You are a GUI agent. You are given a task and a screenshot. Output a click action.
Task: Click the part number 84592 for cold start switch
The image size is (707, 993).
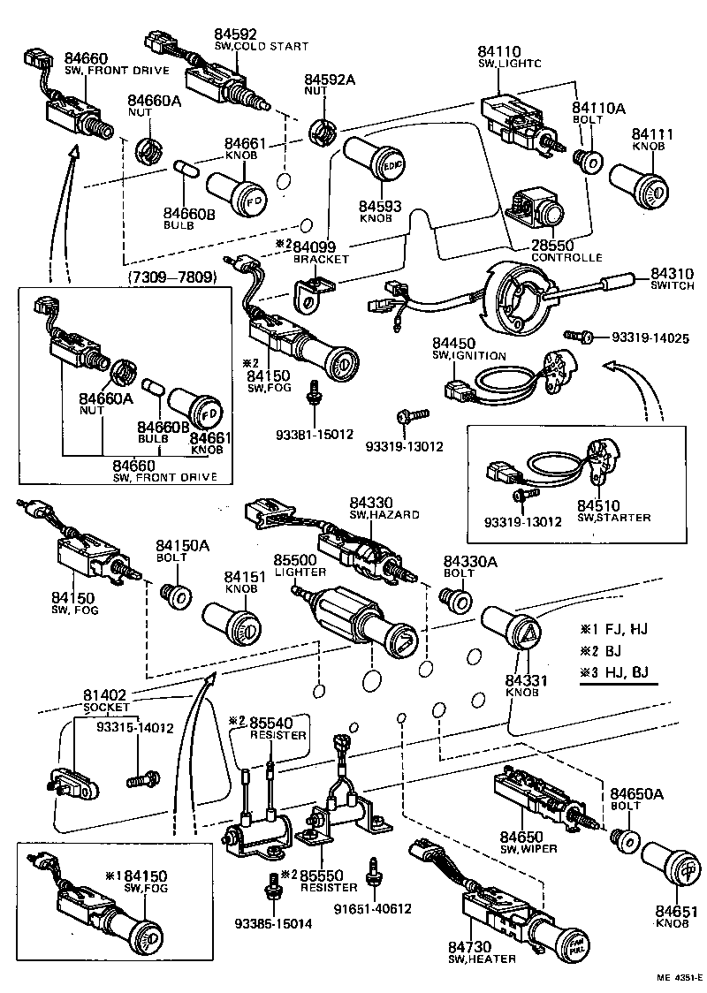pos(233,35)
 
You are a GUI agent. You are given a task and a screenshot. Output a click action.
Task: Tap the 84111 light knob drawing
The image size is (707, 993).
pos(638,187)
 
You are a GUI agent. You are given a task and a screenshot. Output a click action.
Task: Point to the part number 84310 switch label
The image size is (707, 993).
pos(673,275)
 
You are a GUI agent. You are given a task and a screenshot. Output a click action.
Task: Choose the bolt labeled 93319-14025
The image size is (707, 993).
pos(576,337)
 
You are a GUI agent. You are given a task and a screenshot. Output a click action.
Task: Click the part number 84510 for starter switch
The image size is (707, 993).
pos(601,505)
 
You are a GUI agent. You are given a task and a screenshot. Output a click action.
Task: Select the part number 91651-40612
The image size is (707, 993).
pos(373,908)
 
